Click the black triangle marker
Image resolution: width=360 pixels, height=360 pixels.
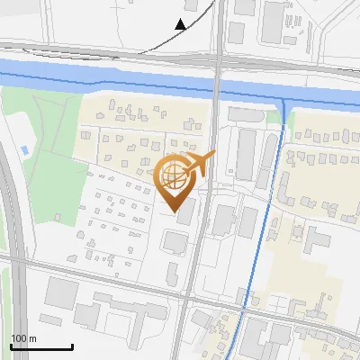(181, 23)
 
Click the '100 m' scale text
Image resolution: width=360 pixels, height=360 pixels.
(23, 338)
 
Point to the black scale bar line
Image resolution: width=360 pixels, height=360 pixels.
(41, 346)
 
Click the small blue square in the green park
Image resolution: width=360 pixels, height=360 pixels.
(24, 148)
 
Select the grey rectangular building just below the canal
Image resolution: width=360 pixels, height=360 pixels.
(242, 114)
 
